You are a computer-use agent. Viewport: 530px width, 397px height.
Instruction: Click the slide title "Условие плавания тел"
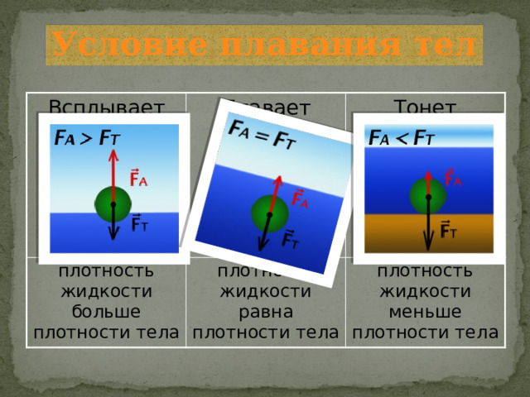(263, 45)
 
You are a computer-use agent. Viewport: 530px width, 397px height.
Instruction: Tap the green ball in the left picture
(113, 203)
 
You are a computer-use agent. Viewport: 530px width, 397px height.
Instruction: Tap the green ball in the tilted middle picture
(270, 214)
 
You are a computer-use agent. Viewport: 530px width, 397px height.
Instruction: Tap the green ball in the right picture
(428, 197)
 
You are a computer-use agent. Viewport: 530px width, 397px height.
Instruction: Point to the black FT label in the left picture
(140, 225)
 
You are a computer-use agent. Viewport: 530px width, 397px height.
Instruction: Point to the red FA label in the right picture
(455, 178)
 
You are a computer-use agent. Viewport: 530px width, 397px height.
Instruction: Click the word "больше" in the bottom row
(105, 313)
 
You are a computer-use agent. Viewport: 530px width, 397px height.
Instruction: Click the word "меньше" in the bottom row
(426, 313)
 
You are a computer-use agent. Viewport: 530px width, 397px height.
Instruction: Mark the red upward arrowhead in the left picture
(113, 157)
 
